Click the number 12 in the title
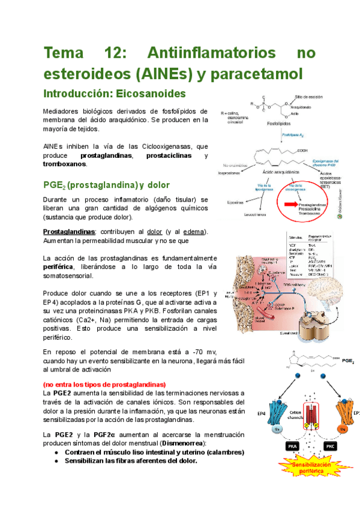tap(123, 53)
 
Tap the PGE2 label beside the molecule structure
tap(349, 363)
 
